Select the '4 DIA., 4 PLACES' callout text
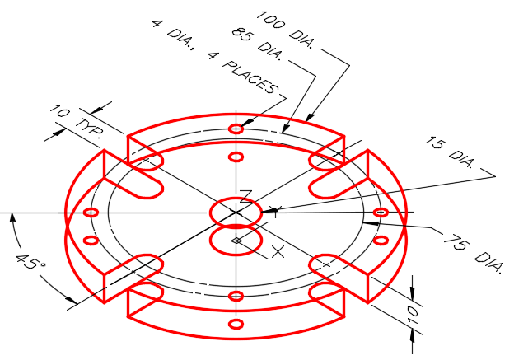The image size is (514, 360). click(x=215, y=57)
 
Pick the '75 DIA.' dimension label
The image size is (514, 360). click(x=472, y=253)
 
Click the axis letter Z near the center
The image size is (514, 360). click(x=245, y=196)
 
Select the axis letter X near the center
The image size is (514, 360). click(x=278, y=252)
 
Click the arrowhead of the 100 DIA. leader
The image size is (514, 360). click(x=310, y=116)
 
